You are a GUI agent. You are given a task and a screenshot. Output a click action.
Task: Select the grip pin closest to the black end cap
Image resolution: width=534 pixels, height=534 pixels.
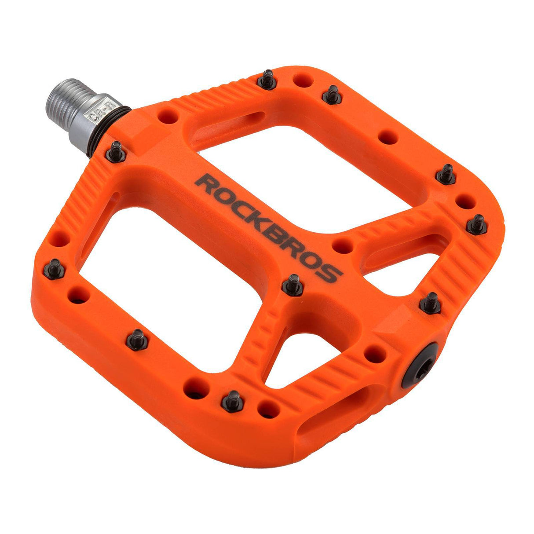(x=430, y=302)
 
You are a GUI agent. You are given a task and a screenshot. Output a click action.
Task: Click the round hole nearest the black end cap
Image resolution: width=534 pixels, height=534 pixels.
(x=375, y=353)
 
